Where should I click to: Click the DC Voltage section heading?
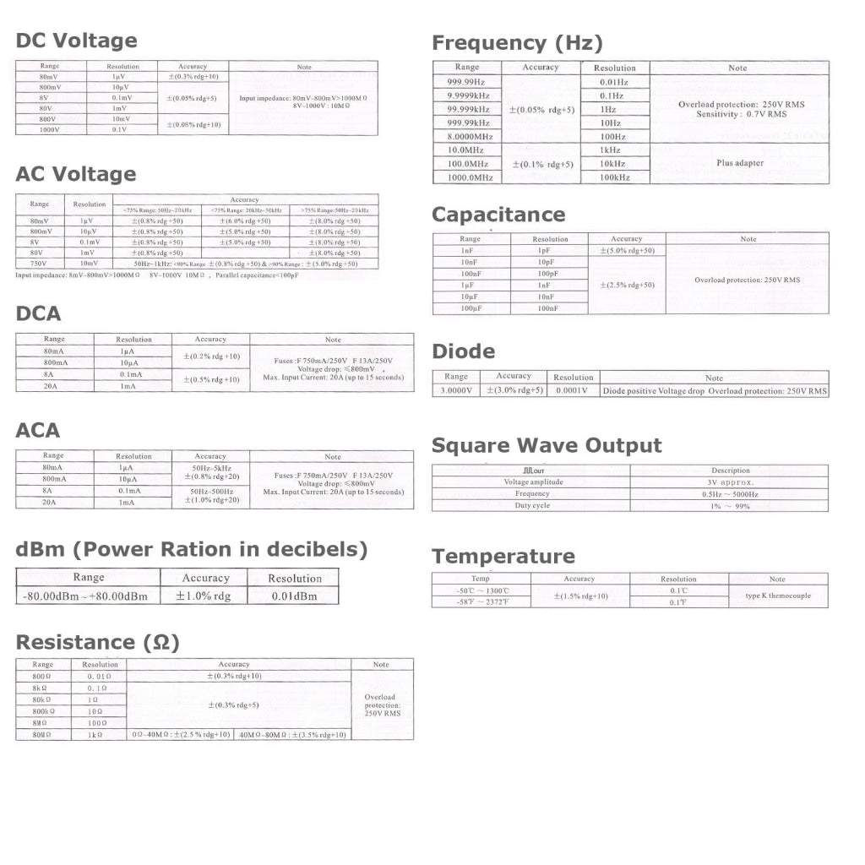coord(76,41)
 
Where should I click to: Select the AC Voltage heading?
coord(76,174)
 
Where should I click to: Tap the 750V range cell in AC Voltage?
coord(40,264)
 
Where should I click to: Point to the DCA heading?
coord(39,314)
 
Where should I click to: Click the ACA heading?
coord(39,431)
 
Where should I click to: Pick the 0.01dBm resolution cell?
coord(294,596)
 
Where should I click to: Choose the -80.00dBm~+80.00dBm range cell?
coord(88,596)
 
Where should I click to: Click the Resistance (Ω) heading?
coord(98,643)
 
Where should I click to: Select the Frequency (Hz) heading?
coord(517,43)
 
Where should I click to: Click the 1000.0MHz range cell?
coord(470,177)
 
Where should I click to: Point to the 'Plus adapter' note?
coord(739,163)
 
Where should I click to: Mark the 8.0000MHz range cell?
coord(470,136)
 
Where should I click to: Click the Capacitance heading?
coord(498,215)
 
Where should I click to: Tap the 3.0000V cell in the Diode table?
coord(456,390)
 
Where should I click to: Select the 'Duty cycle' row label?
coord(532,505)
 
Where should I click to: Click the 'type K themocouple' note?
coord(777,596)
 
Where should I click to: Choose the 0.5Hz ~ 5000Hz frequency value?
coord(730,493)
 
